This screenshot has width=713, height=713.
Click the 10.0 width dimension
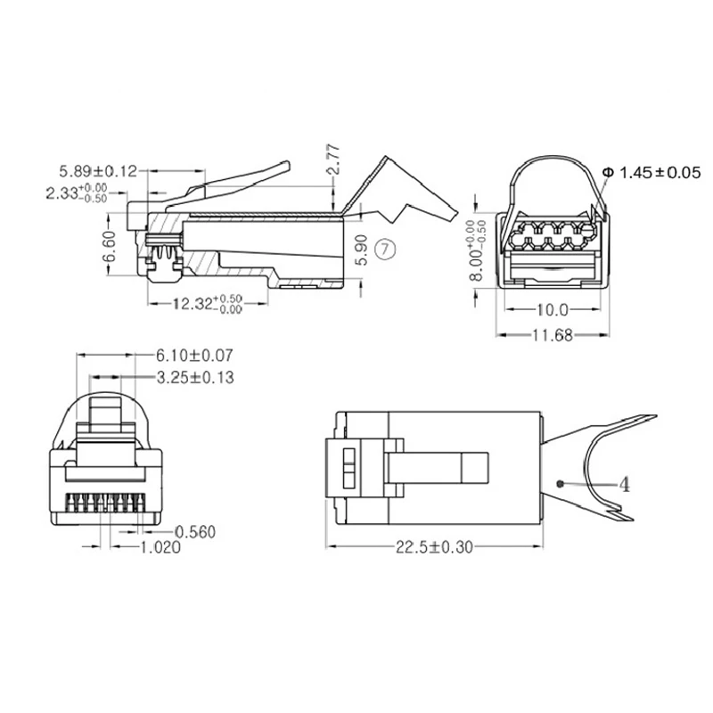click(553, 310)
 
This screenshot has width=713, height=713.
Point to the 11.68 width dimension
click(553, 334)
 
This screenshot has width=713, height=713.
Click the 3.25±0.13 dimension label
click(194, 378)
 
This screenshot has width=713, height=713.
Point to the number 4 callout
click(625, 484)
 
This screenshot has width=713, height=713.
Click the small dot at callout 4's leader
click(559, 483)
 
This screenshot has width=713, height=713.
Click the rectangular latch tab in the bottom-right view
click(439, 465)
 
